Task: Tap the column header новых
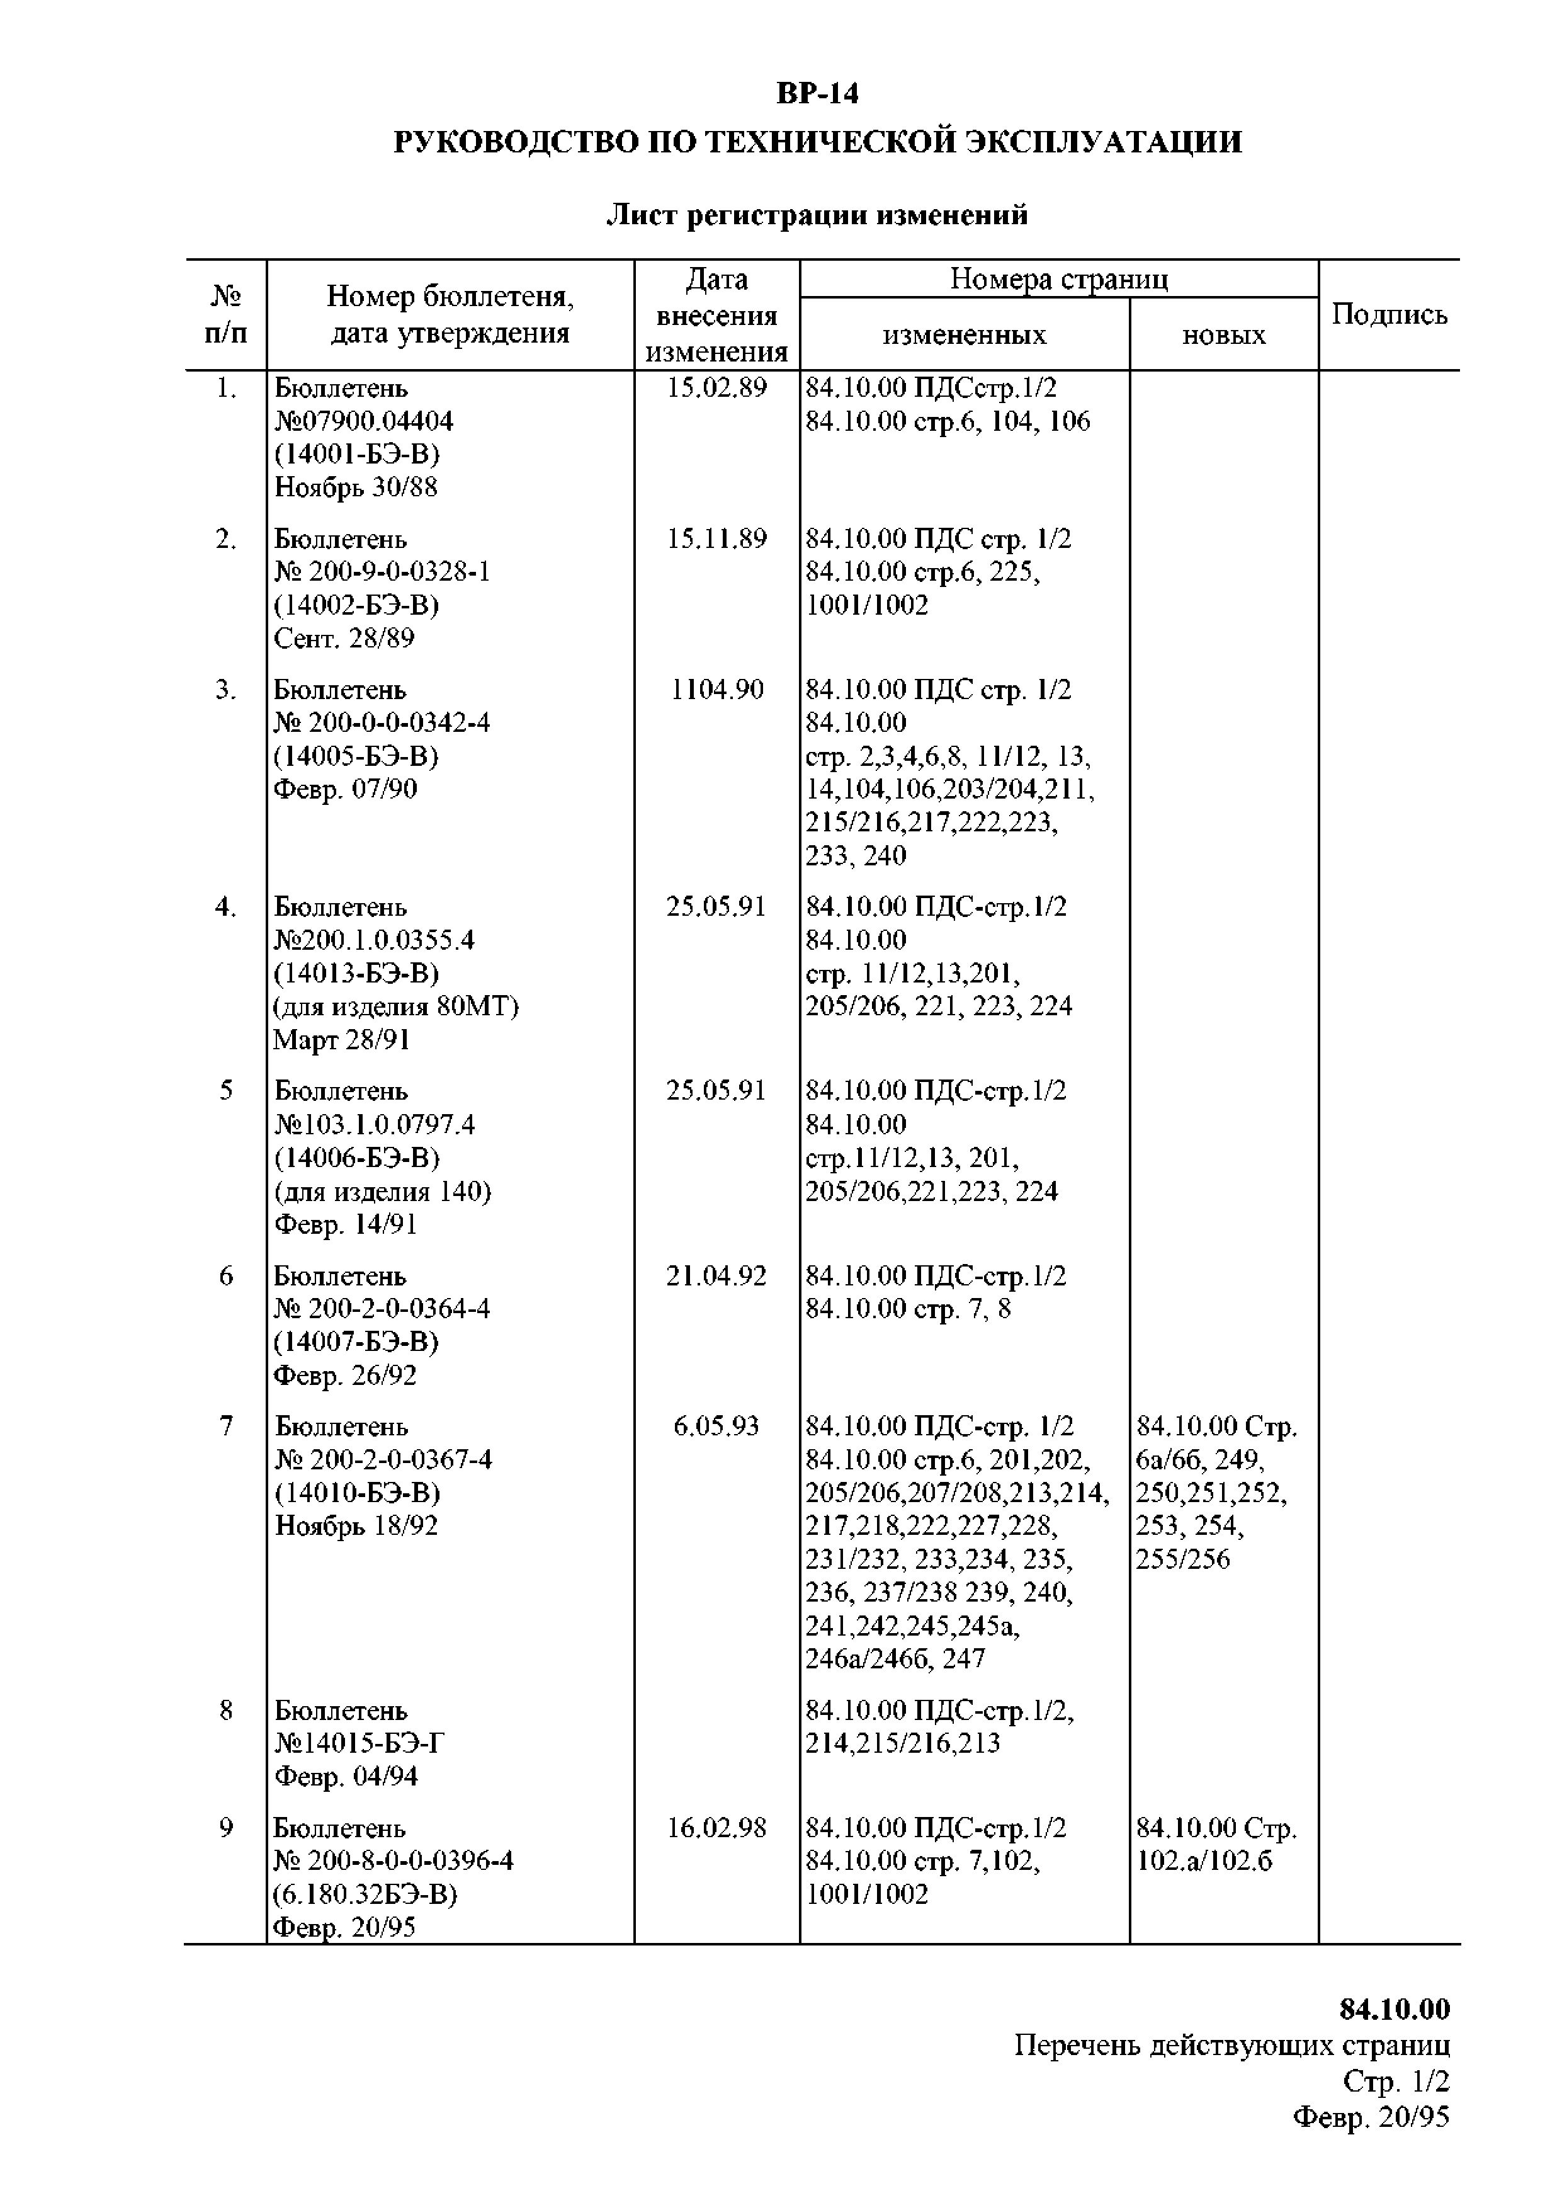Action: point(1223,335)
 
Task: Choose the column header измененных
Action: point(965,335)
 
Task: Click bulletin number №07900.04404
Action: point(364,421)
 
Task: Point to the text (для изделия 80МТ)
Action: point(395,1007)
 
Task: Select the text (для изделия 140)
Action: point(383,1192)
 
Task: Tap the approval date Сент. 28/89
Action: point(344,638)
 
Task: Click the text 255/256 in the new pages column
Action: point(1183,1559)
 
